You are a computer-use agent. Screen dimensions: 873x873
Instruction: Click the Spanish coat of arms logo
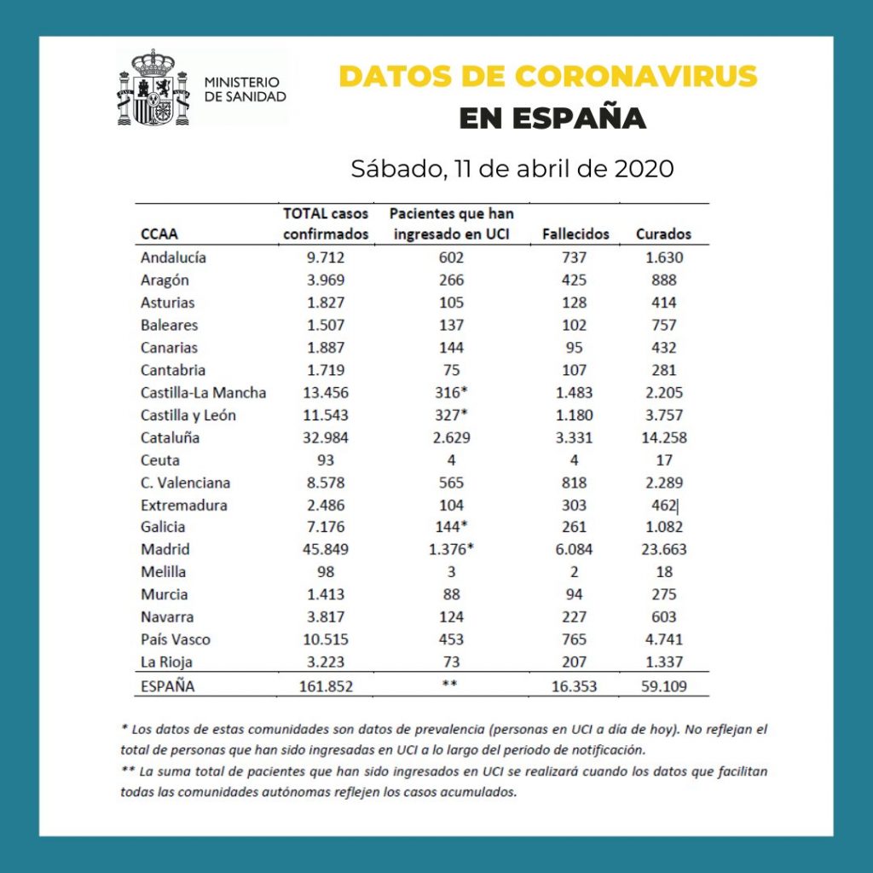point(153,88)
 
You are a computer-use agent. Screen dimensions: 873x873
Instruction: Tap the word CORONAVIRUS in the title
point(636,76)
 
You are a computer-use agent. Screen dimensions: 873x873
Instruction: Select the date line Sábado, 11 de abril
point(512,168)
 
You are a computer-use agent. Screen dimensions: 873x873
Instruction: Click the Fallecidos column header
point(575,234)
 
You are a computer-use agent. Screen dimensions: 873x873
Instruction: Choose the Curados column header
point(663,234)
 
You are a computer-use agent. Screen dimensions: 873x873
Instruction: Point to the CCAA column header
point(160,234)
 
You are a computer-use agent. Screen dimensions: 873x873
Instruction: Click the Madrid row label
point(165,549)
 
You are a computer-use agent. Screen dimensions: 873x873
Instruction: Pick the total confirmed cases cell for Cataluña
point(325,437)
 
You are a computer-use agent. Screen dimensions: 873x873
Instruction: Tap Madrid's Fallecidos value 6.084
point(575,549)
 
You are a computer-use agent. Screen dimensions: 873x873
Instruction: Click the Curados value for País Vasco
point(664,639)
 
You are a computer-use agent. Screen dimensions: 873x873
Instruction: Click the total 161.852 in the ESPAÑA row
point(325,685)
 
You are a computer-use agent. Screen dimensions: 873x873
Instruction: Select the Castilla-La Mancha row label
point(204,393)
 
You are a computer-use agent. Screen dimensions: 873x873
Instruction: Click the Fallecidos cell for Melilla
point(575,572)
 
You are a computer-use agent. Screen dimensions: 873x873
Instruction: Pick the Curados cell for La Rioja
point(664,662)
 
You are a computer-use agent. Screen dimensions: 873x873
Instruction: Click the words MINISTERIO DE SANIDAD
point(246,89)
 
